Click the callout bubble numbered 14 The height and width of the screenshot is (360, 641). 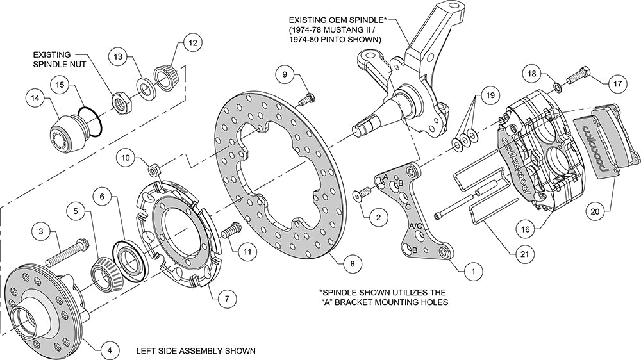(36, 99)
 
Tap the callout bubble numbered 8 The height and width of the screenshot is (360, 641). (353, 263)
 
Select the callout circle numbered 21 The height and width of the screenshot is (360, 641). (524, 254)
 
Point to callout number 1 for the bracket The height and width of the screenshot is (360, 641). (474, 271)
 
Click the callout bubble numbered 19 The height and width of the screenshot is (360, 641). (490, 95)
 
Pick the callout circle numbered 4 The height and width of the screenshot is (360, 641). (110, 350)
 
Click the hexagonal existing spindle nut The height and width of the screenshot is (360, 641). (121, 101)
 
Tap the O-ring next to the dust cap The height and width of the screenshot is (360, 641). (90, 121)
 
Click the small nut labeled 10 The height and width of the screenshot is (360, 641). (153, 168)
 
